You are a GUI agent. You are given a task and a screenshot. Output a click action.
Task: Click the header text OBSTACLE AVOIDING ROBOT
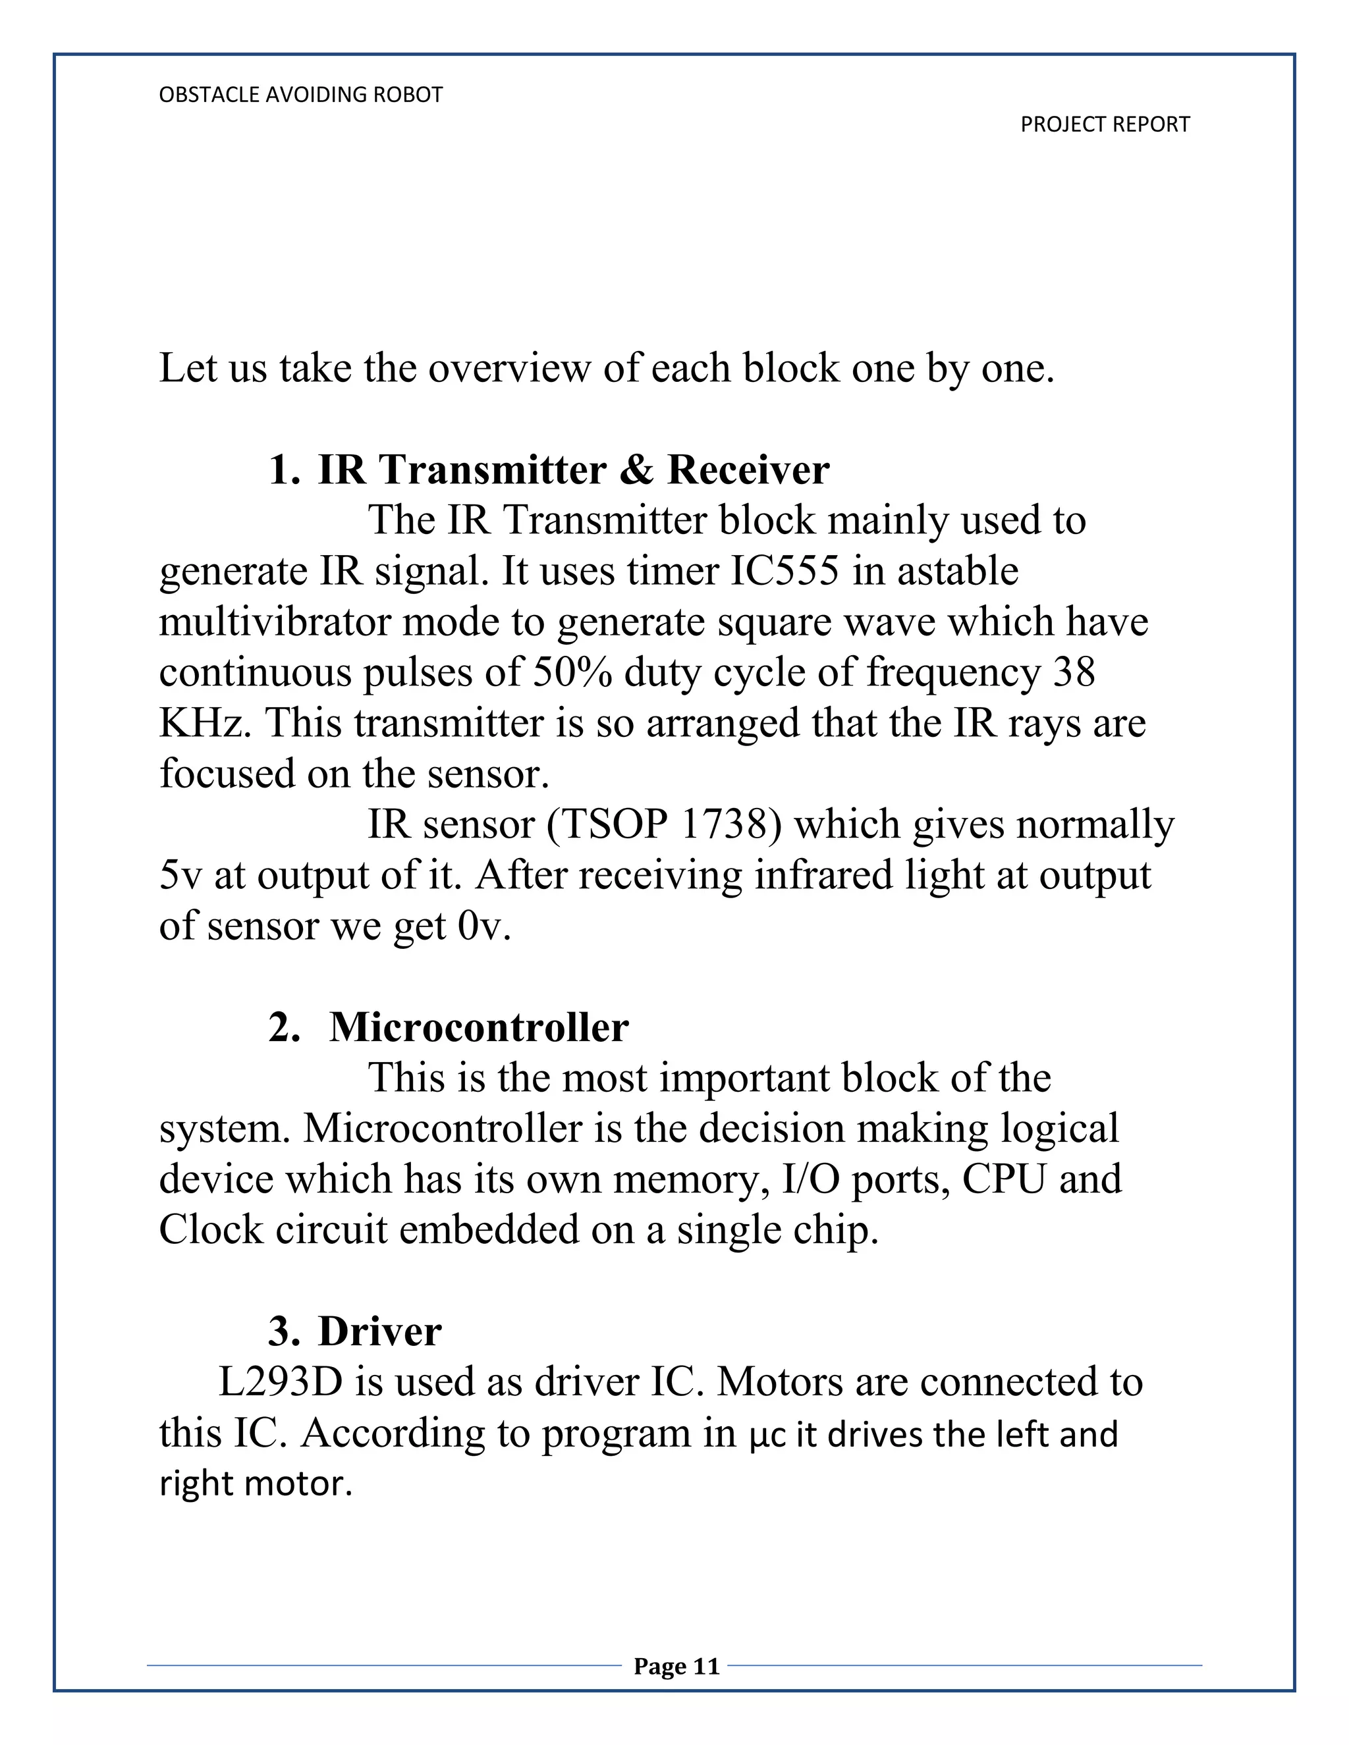click(x=300, y=95)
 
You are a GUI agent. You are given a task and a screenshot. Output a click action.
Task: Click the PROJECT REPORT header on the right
click(x=1105, y=124)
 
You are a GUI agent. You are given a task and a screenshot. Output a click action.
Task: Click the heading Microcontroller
click(x=479, y=1027)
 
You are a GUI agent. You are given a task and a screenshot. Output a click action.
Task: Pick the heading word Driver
click(x=379, y=1331)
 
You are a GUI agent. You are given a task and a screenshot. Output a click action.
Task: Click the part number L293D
click(x=280, y=1382)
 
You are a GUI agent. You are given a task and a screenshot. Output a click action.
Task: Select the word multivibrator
click(x=274, y=622)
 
